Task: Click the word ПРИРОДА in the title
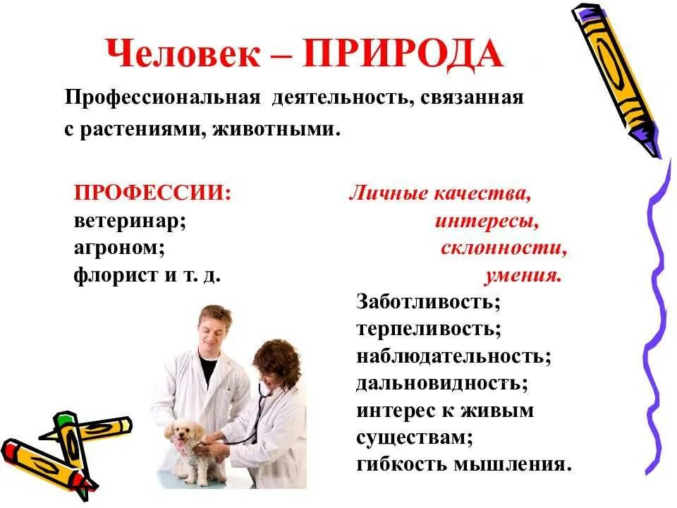(403, 54)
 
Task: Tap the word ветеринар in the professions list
(128, 220)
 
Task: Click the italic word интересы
(487, 222)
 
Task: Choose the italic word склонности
(504, 248)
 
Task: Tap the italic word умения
(523, 275)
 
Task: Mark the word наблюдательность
(452, 356)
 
